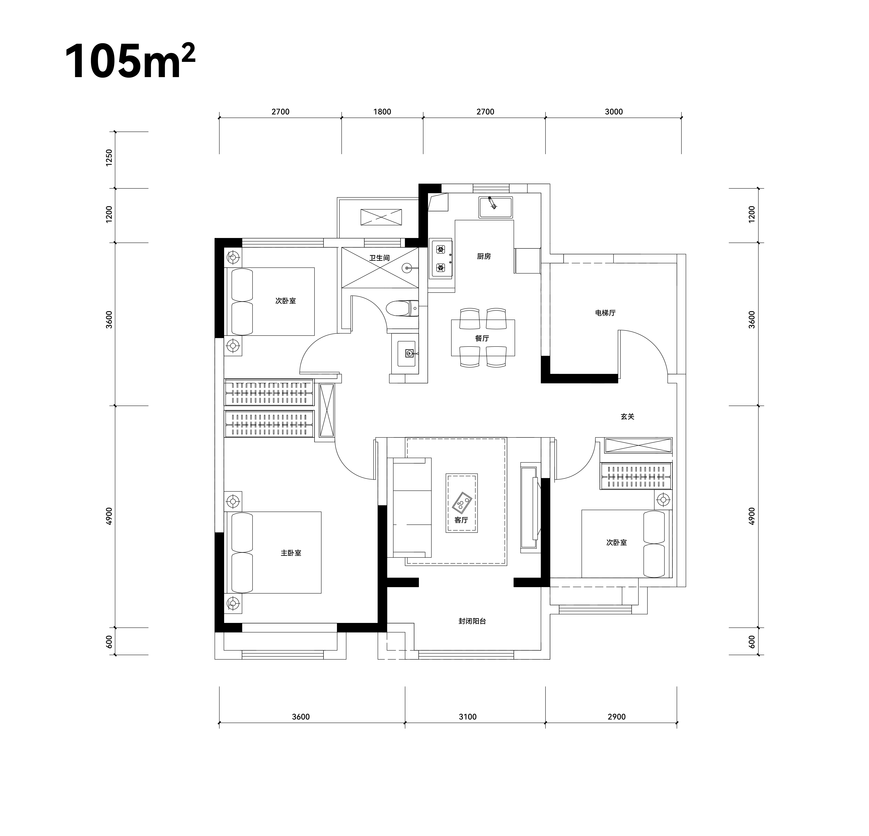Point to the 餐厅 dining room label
482,338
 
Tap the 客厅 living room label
461,520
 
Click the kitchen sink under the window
495,207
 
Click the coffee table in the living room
462,503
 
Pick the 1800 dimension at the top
382,112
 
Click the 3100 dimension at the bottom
468,717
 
